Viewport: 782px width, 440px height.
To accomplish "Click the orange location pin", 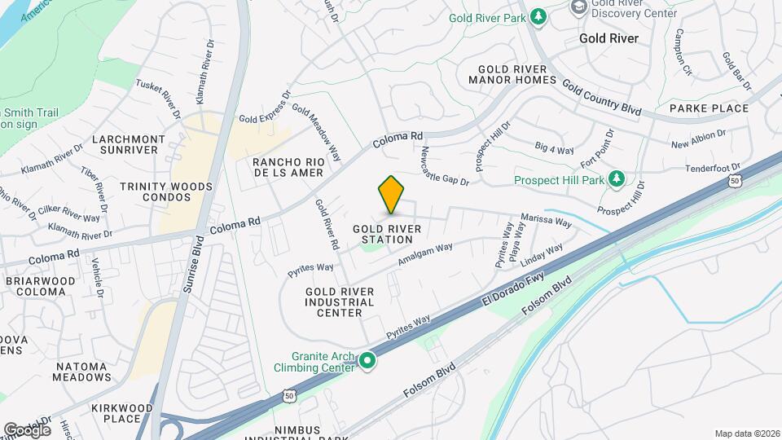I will [x=392, y=194].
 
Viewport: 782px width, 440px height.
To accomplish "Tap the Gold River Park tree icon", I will [x=538, y=16].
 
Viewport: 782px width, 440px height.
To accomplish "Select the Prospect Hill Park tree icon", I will [x=617, y=179].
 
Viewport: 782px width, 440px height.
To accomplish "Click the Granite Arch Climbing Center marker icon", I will [x=367, y=360].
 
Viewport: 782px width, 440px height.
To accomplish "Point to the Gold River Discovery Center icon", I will [x=578, y=7].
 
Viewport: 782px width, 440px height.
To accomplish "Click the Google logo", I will [x=27, y=429].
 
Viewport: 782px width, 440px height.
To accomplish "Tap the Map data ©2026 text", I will [x=746, y=433].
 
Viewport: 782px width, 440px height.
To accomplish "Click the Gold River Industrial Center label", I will [x=340, y=302].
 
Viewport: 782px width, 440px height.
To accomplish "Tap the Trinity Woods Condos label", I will [x=166, y=192].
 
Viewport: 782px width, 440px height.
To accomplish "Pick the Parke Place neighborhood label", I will [x=709, y=108].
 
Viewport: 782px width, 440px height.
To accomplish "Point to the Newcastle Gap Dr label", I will [x=445, y=167].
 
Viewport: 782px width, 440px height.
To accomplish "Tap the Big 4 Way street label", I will [x=555, y=148].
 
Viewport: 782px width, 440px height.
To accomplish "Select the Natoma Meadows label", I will [x=82, y=370].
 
